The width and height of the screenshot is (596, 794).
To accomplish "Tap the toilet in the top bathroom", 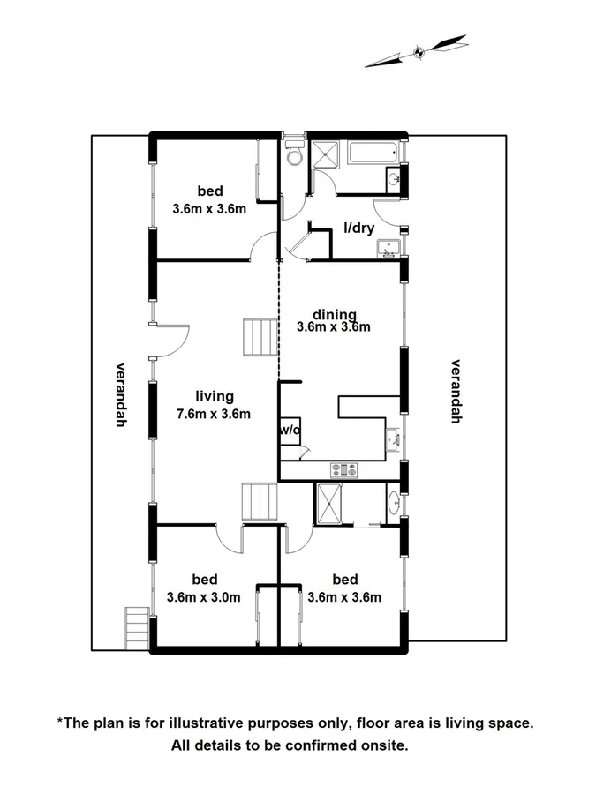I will pos(294,155).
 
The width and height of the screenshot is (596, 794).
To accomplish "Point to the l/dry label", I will pos(358,229).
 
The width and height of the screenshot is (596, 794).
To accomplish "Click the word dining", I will pos(333,314).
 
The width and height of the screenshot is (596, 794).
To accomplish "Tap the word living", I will pos(214,396).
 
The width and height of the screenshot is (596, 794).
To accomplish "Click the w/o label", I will pos(289,431).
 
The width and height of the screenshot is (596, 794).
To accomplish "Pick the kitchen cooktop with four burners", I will pos(343,470).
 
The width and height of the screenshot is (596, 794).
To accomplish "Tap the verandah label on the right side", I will pos(456,391).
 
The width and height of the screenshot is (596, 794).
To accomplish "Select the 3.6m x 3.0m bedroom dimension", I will pos(203,597).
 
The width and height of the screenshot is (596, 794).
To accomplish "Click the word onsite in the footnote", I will pos(385,745).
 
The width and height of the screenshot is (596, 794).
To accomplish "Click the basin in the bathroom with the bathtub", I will pos(394,180).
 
